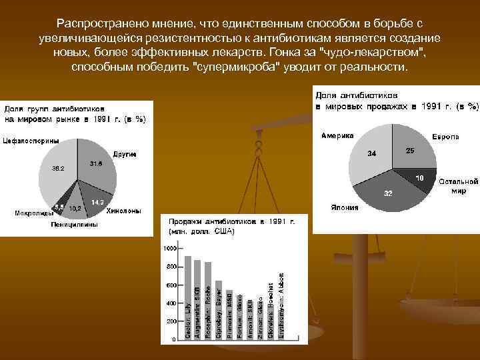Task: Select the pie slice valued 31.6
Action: [95, 167]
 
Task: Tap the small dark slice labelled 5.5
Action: [61, 207]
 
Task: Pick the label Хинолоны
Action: [123, 211]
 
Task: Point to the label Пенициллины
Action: [74, 225]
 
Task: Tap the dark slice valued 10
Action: [419, 177]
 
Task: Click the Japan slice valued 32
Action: [390, 193]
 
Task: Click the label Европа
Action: [445, 137]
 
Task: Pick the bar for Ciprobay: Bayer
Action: [218, 313]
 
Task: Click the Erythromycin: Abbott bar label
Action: [281, 307]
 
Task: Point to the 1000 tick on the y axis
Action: [169, 248]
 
